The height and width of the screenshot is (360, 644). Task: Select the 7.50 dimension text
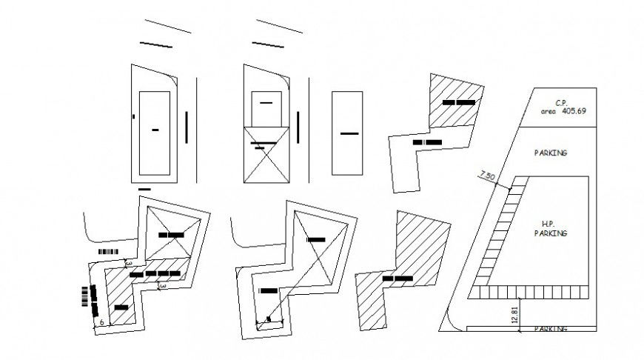[488, 176]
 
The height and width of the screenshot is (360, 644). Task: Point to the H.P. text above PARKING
[549, 224]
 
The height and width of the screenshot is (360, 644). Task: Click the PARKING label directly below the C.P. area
[550, 153]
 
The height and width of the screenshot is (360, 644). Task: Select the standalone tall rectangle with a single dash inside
[349, 133]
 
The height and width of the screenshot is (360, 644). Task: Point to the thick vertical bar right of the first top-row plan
[187, 126]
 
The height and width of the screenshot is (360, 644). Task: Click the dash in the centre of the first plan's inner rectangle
[155, 130]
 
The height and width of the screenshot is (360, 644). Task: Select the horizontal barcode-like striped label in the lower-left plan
[108, 252]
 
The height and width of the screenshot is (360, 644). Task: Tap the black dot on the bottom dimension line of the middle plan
[269, 320]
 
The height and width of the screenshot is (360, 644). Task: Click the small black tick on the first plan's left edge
[133, 116]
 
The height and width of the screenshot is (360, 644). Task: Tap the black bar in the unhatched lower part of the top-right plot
[428, 141]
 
